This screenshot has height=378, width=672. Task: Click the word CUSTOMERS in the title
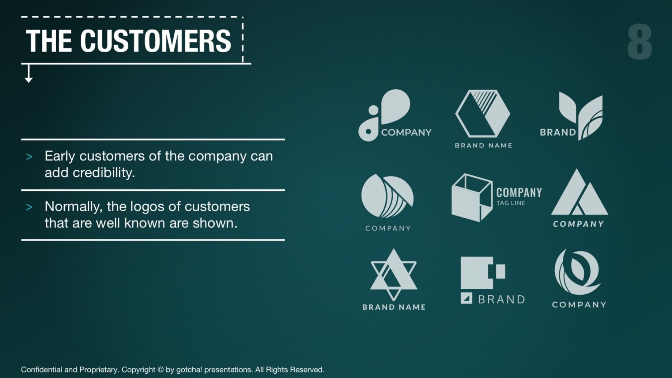point(156,41)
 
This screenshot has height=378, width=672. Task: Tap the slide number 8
point(639,42)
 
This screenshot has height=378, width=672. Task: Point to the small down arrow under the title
point(29,73)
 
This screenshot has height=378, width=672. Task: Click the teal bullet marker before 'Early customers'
point(29,157)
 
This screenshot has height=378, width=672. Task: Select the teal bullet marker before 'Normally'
point(29,207)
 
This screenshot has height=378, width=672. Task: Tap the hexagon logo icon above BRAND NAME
point(483,113)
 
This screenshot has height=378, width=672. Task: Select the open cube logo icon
point(472,198)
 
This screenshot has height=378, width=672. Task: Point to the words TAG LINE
point(511,203)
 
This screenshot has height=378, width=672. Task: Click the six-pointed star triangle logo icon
point(393,274)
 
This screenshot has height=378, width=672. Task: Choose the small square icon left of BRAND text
point(466,298)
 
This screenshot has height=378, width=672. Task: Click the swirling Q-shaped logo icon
point(577,272)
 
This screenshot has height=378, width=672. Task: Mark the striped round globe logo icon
point(387,196)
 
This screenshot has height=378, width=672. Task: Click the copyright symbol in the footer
point(160,370)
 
